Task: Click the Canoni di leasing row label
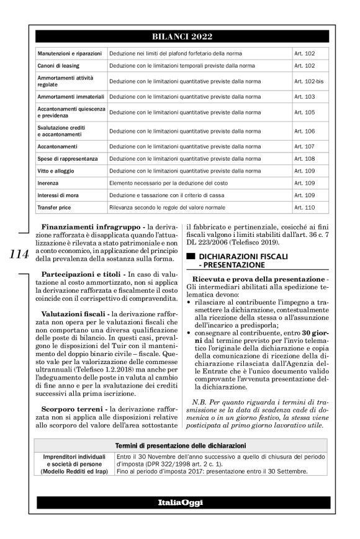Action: (x=61, y=66)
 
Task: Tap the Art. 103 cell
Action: (x=305, y=97)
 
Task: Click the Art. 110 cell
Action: (x=305, y=206)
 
